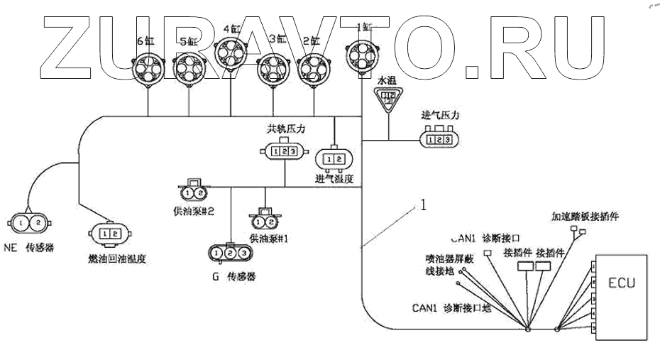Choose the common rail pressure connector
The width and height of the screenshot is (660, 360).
(285, 151)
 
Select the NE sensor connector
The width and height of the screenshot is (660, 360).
(29, 224)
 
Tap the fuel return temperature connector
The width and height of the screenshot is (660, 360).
(109, 232)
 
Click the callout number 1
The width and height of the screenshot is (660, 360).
(423, 205)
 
